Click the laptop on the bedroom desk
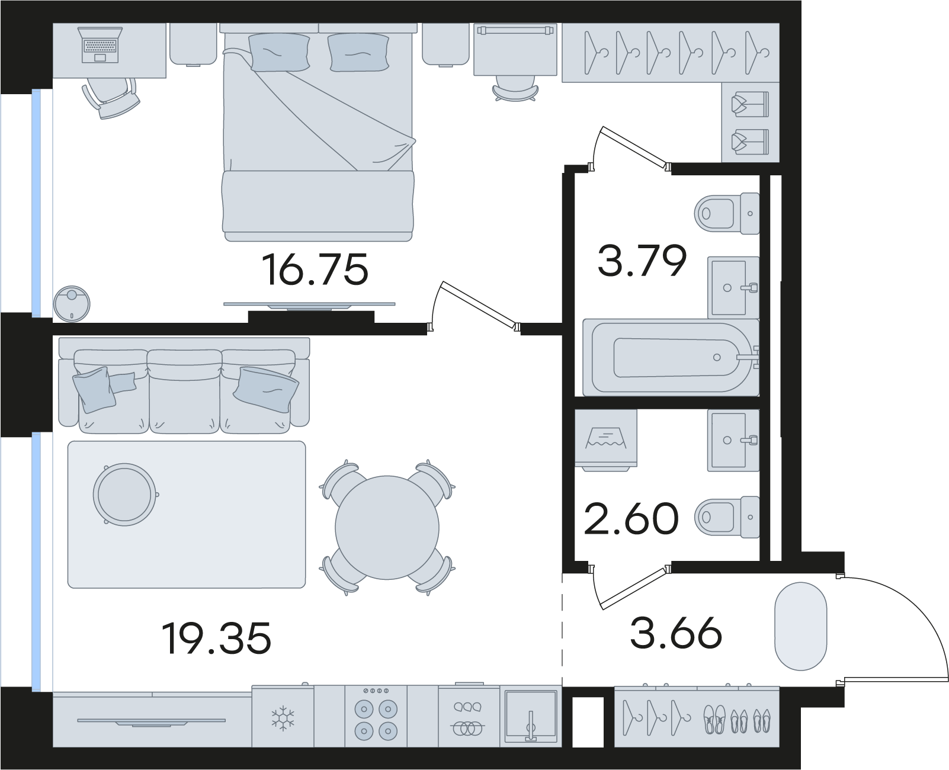[100, 45]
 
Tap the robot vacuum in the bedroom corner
[71, 304]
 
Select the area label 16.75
[315, 269]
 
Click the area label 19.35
[217, 638]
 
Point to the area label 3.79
[642, 260]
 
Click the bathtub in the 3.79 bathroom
[671, 357]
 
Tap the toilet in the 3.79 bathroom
[727, 213]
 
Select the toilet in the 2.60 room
[727, 517]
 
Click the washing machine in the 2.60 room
[606, 440]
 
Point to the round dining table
[387, 527]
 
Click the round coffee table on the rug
[125, 495]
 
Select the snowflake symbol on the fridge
[283, 718]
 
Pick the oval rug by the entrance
[801, 633]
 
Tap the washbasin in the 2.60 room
[733, 440]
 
